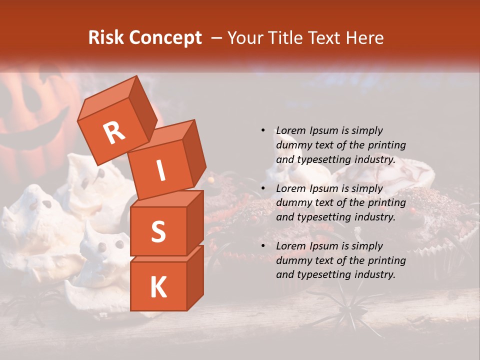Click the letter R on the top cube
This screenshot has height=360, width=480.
[x=114, y=133]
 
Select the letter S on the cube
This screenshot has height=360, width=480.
[x=158, y=231]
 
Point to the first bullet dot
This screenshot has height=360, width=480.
[x=263, y=130]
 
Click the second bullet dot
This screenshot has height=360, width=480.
[x=263, y=188]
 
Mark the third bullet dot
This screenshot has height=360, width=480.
[x=263, y=246]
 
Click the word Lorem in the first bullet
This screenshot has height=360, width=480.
[x=290, y=130]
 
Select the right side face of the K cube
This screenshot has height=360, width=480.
[x=195, y=277]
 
